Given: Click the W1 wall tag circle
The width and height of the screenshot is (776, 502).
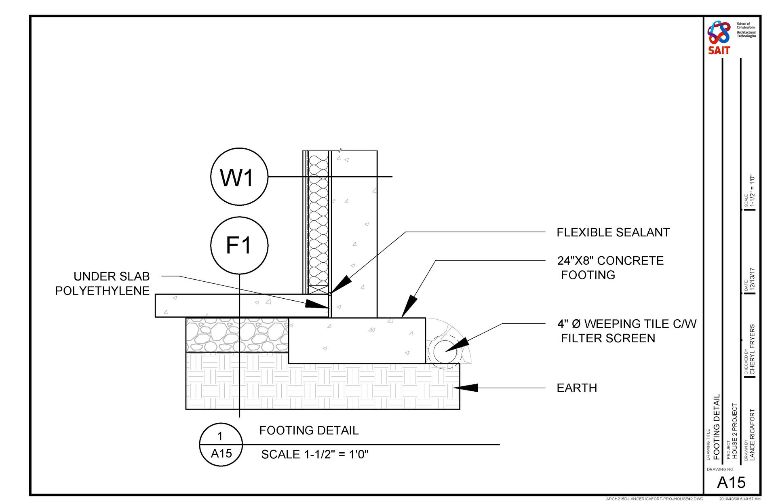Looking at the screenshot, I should click(x=239, y=177).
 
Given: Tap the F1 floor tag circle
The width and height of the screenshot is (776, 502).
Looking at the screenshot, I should click(x=239, y=245).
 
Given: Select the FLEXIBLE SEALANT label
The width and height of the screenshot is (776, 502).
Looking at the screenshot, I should click(x=613, y=232).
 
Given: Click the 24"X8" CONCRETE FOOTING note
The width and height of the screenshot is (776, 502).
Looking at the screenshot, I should click(x=610, y=268).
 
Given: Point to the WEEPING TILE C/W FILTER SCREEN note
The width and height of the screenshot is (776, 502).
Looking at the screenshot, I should click(x=626, y=331).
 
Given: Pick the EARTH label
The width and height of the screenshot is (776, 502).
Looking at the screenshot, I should click(x=577, y=388).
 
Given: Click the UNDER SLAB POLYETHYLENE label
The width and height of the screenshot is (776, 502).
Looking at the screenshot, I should click(x=103, y=283).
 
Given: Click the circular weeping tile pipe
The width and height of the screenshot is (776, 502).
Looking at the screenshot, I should click(x=445, y=351).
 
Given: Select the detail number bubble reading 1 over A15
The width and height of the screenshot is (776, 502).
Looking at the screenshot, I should click(x=221, y=445).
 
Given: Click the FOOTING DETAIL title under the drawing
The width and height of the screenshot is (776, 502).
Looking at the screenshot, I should click(x=309, y=430).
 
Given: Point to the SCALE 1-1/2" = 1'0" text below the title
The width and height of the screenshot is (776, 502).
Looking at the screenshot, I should click(x=315, y=454).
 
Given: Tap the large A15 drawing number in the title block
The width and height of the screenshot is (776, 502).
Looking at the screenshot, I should click(x=731, y=482).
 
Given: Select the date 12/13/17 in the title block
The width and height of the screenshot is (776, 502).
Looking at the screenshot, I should click(x=752, y=279).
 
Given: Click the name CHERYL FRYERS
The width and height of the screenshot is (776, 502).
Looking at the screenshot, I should click(x=752, y=349).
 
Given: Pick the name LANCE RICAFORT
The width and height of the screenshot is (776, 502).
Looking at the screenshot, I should click(x=752, y=435).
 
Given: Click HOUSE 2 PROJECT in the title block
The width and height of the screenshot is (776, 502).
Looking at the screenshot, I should click(x=735, y=430).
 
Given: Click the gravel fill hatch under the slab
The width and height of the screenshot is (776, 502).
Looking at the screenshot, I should click(x=236, y=335).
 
